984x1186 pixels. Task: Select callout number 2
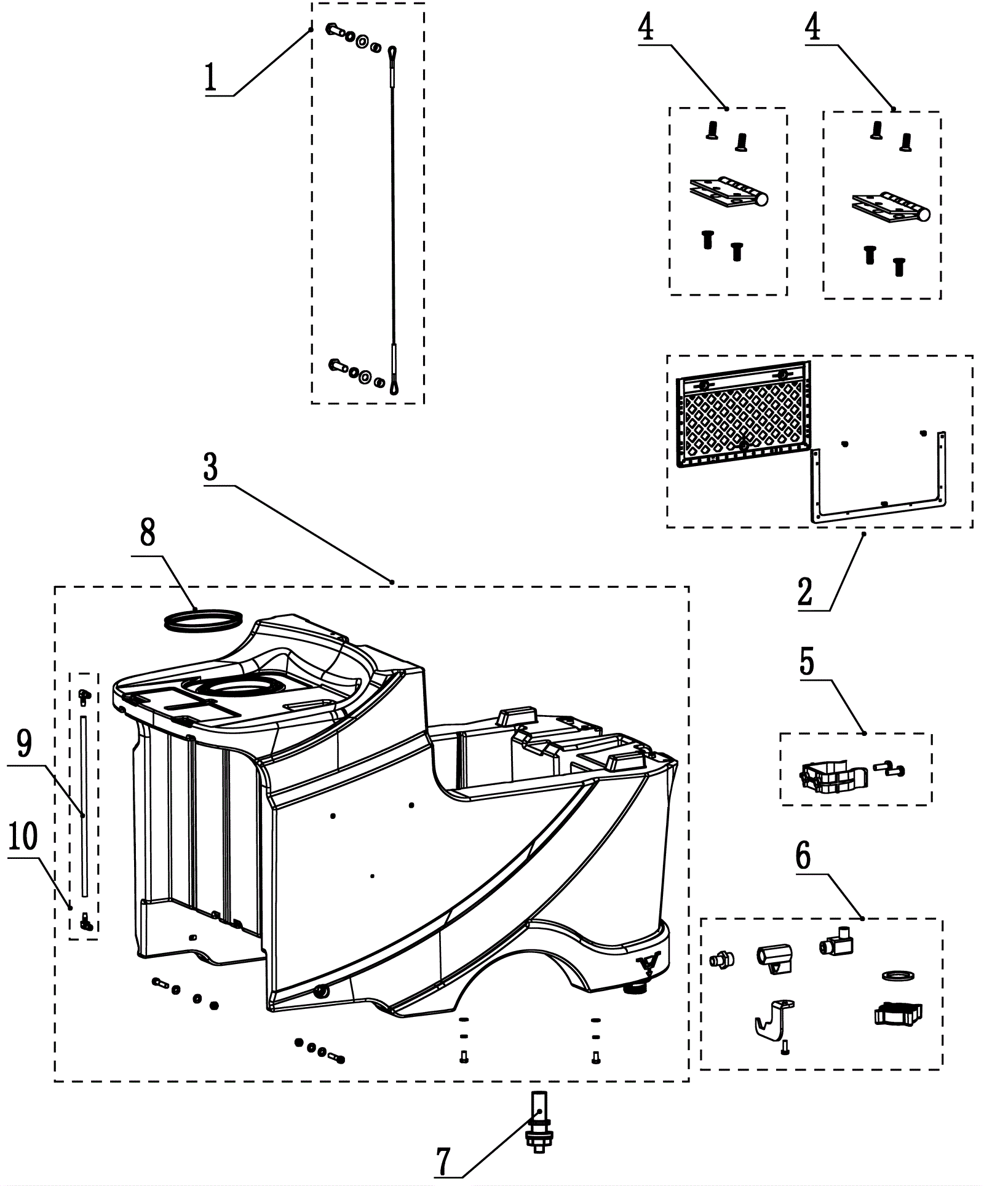click(x=805, y=592)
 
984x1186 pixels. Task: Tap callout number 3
click(x=211, y=468)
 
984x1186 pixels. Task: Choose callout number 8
click(x=148, y=533)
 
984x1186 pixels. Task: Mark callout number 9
click(x=24, y=744)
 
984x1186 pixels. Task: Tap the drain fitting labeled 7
click(x=539, y=1123)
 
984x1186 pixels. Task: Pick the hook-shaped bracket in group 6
click(x=772, y=1020)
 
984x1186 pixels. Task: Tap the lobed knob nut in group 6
click(x=899, y=1014)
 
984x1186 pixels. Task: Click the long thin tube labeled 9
click(x=84, y=805)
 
